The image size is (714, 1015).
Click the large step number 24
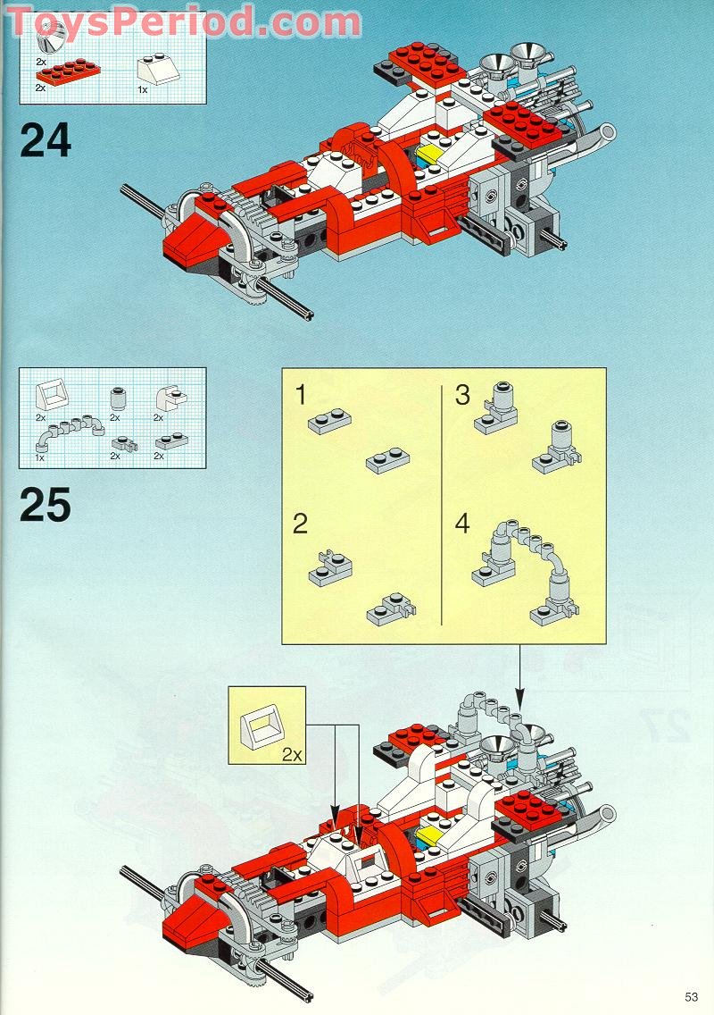coord(45,141)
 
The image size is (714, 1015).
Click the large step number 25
coord(45,506)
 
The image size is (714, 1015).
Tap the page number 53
coord(691,997)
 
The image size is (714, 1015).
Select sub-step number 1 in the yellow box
coord(302,394)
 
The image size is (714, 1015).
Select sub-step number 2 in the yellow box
coord(300,523)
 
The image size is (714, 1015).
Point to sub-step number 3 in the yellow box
coord(461,394)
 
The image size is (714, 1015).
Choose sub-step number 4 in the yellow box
coord(461,523)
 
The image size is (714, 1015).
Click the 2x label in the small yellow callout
coord(292,753)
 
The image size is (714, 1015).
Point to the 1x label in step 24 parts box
coord(142,89)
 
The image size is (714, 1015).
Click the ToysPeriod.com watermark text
coord(183,20)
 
